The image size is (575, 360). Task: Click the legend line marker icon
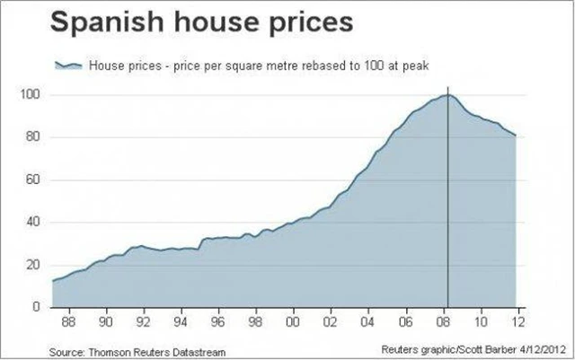click(68, 66)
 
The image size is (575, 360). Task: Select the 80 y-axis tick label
click(34, 137)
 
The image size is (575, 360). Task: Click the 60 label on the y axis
click(34, 180)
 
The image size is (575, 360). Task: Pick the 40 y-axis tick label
click(34, 222)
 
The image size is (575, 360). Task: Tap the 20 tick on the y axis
click(34, 265)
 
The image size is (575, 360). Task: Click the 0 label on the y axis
click(38, 307)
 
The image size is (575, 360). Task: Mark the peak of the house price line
click(447, 94)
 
